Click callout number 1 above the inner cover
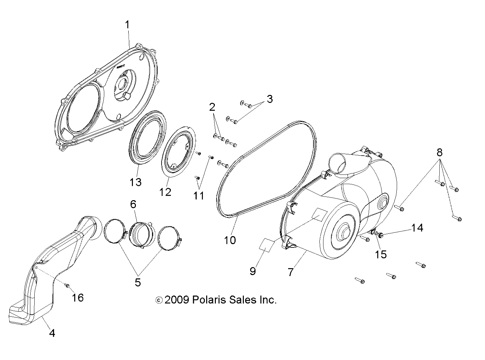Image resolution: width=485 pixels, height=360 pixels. pos(127,25)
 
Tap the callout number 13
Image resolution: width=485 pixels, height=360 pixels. pos(136,182)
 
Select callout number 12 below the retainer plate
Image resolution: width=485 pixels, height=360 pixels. pos(165,192)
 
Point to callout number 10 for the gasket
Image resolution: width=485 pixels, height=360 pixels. pos(230,240)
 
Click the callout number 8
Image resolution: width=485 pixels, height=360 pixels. pos(439,153)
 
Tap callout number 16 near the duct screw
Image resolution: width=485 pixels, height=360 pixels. pos(78,297)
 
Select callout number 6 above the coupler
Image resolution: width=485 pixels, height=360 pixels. pos(133,204)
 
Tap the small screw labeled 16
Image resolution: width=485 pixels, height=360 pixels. pos(67,285)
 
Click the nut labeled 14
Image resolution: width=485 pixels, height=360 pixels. pos(381,236)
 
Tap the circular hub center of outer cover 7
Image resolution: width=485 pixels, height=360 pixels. pos(343,232)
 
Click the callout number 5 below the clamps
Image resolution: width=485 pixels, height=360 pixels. pos(138,282)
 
